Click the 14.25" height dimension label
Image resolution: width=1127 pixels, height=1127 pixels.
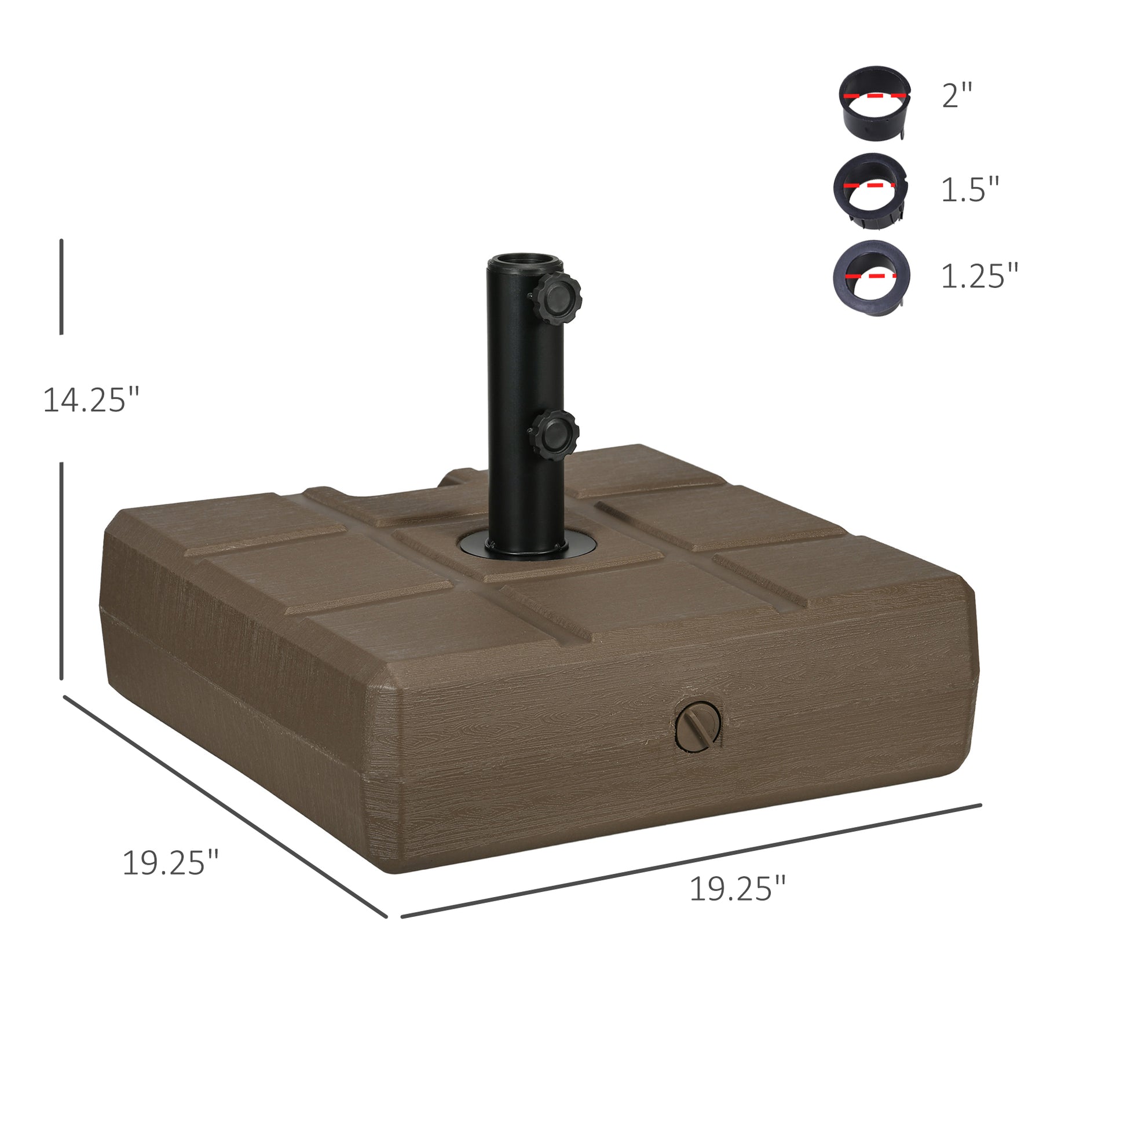(92, 400)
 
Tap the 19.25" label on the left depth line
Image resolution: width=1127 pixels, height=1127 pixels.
(170, 863)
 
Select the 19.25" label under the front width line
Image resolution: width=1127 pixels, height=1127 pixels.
(737, 889)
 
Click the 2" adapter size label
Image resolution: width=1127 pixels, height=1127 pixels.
(957, 95)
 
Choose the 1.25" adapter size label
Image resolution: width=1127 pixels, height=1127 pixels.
(979, 275)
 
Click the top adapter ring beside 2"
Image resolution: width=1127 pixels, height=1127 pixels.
(874, 103)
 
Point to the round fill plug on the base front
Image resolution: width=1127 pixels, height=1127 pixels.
(698, 725)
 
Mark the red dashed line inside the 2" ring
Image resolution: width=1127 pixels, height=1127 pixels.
(874, 95)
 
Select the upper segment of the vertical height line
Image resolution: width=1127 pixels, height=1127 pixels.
(61, 287)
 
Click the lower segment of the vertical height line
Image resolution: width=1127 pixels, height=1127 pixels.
(61, 571)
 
